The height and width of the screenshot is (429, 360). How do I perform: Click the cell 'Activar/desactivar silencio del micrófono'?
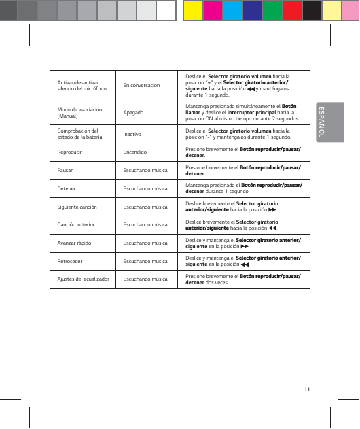(79, 86)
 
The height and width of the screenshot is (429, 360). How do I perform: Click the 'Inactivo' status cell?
(132, 135)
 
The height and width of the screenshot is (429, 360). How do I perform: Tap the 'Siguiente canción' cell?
(77, 206)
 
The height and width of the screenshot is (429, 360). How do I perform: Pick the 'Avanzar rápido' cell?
(75, 242)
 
